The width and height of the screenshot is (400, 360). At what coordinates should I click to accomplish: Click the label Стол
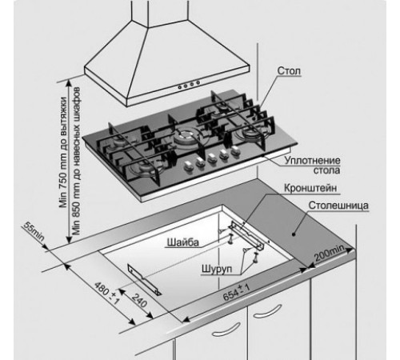[289, 71]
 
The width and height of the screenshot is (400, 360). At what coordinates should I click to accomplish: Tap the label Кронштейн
[310, 188]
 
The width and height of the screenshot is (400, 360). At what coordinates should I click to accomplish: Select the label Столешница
[338, 206]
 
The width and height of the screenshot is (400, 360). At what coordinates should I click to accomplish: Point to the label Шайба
[183, 242]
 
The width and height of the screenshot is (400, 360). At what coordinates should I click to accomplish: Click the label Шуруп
[217, 269]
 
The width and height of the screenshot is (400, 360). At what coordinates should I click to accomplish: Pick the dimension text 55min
[34, 231]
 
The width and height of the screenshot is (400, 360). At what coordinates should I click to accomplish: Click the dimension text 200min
[330, 253]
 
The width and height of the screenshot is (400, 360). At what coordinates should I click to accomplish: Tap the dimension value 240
[139, 300]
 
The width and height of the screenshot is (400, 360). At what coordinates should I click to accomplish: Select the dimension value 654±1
[236, 292]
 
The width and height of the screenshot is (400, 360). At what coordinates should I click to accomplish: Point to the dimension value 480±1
[107, 293]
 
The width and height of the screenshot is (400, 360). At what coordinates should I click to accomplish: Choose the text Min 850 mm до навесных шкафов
[76, 161]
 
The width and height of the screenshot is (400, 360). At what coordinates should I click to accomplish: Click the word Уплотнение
[313, 161]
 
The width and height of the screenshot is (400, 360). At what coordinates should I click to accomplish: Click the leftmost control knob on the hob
[188, 166]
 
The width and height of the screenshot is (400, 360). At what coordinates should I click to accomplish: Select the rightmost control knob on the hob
[235, 150]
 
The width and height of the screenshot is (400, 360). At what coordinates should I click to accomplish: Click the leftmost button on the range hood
[180, 87]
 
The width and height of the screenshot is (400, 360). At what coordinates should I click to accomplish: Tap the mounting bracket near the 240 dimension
[144, 279]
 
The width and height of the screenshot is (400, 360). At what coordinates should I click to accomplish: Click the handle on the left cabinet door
[226, 330]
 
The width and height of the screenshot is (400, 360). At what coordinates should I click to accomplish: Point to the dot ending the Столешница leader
[294, 234]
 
